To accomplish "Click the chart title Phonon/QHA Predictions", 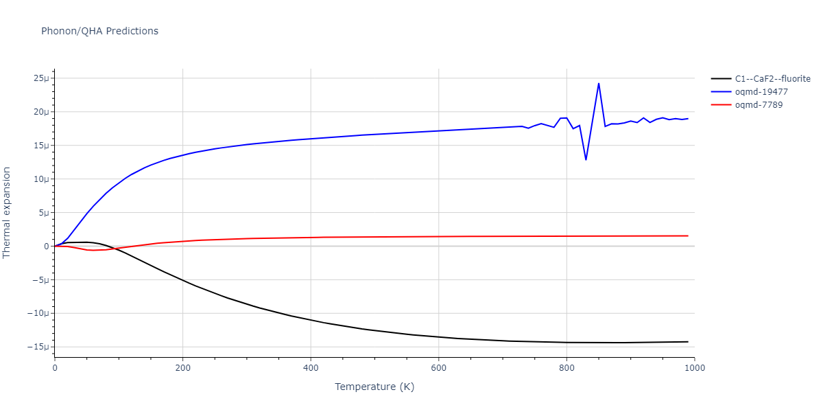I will pyautogui.click(x=99, y=31).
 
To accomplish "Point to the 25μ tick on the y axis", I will pyautogui.click(x=41, y=78).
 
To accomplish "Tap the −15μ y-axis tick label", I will pyautogui.click(x=39, y=347).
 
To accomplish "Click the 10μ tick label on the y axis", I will pyautogui.click(x=41, y=179).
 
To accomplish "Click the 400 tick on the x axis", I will pyautogui.click(x=311, y=367).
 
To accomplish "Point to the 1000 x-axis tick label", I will pyautogui.click(x=694, y=367).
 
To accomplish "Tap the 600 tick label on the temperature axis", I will pyautogui.click(x=439, y=367).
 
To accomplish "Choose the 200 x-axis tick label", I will pyautogui.click(x=182, y=367).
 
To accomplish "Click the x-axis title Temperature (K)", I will pyautogui.click(x=374, y=387).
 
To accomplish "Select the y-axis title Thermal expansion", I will pyautogui.click(x=8, y=212).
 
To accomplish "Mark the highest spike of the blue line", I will pyautogui.click(x=599, y=84).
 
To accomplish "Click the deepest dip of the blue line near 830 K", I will pyautogui.click(x=586, y=160).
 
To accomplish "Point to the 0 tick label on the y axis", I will pyautogui.click(x=47, y=247).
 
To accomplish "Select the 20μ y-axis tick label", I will pyautogui.click(x=41, y=112).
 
